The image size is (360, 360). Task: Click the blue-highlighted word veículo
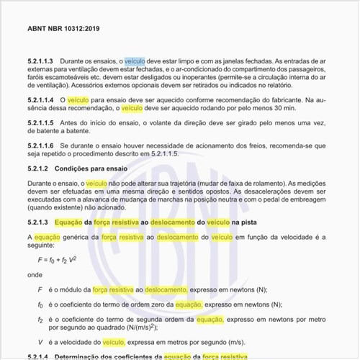pyautogui.click(x=135, y=63)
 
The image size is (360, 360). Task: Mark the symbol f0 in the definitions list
pyautogui.click(x=40, y=305)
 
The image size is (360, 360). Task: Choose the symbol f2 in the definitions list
pyautogui.click(x=40, y=319)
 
